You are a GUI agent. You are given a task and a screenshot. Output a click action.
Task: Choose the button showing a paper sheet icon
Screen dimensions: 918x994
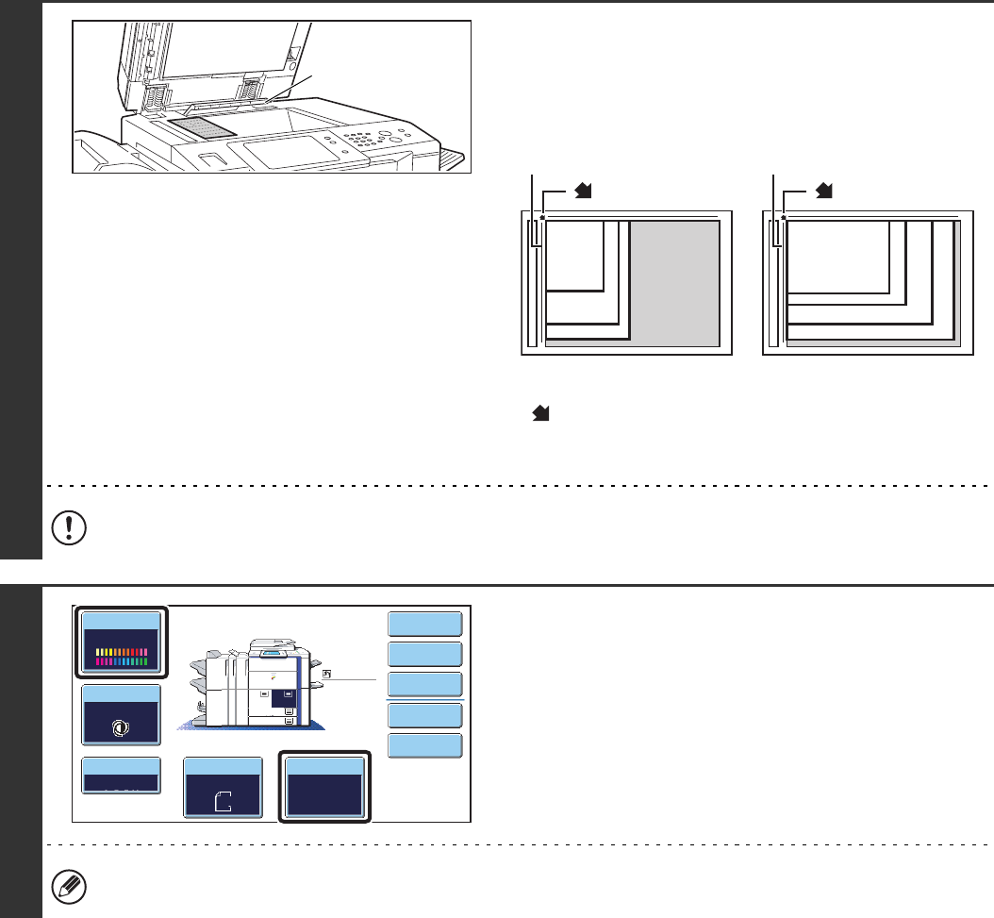click(x=222, y=787)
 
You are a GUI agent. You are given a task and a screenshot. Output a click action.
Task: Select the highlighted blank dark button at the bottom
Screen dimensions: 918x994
click(x=325, y=786)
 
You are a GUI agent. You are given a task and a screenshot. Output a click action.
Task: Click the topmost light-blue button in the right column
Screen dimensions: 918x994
click(x=425, y=624)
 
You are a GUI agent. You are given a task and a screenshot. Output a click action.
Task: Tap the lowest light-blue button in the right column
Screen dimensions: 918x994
click(x=425, y=745)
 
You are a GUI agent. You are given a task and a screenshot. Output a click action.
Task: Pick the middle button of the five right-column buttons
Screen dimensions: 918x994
click(x=425, y=684)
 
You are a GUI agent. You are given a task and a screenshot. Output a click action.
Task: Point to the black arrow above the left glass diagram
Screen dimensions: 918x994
click(x=584, y=192)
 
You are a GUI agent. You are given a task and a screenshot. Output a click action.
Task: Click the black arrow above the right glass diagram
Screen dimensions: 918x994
click(x=825, y=192)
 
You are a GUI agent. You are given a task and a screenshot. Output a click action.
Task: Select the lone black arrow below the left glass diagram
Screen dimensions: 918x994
click(x=543, y=414)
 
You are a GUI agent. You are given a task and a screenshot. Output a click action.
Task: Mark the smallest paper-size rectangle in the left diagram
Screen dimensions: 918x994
click(x=573, y=254)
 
